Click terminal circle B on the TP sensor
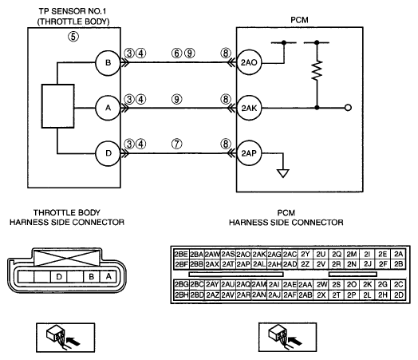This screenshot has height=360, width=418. click(x=108, y=63)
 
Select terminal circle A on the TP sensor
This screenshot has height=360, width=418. click(x=108, y=108)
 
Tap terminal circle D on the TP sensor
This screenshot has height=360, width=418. click(x=108, y=153)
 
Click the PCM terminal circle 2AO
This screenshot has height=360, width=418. click(x=249, y=63)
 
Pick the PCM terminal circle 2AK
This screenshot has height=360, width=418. click(x=249, y=108)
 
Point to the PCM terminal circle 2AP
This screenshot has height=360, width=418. click(x=249, y=153)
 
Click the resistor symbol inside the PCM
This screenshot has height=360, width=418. click(x=317, y=70)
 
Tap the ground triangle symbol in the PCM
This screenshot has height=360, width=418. click(x=283, y=173)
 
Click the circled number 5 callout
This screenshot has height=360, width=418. click(x=73, y=37)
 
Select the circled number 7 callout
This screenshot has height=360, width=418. click(x=176, y=144)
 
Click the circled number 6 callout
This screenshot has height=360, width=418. click(x=176, y=53)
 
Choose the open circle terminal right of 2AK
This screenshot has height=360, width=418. click(x=348, y=108)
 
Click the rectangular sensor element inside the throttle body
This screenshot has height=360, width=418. click(x=58, y=106)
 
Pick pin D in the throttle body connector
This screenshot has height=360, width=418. click(x=59, y=276)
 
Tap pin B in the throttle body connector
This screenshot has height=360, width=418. click(x=92, y=276)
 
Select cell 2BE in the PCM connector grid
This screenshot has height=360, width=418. click(x=181, y=254)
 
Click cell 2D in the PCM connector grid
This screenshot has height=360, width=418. click(x=399, y=295)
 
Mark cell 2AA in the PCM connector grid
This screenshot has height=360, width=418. click(x=306, y=285)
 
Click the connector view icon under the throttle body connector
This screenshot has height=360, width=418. click(x=65, y=338)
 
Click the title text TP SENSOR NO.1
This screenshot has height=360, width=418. click(x=73, y=11)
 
